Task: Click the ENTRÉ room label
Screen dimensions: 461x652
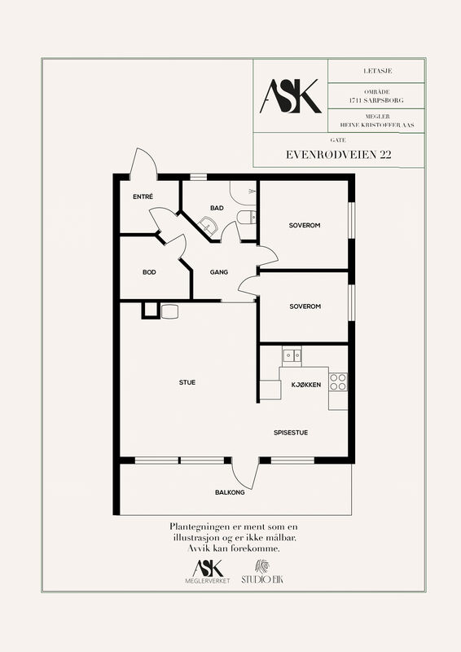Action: (143, 196)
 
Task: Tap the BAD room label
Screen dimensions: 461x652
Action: (217, 208)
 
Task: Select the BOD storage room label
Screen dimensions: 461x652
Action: (149, 272)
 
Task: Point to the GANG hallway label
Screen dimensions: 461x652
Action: (219, 272)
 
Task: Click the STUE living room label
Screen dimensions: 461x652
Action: (187, 382)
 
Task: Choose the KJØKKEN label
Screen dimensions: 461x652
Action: (306, 385)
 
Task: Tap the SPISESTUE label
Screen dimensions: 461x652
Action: (291, 433)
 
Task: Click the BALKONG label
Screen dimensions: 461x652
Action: (230, 492)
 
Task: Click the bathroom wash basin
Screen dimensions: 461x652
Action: (207, 225)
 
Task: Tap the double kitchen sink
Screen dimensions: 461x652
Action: (292, 355)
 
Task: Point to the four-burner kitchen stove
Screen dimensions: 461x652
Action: (338, 382)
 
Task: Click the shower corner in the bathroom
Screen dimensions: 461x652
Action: (244, 193)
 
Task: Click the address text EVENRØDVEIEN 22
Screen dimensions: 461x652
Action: (338, 155)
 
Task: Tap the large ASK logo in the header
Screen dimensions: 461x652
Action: (291, 96)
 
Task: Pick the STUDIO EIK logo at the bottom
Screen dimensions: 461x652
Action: (262, 572)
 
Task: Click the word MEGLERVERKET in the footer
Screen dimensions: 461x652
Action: (208, 581)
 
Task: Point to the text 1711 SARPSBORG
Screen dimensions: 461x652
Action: (376, 100)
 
